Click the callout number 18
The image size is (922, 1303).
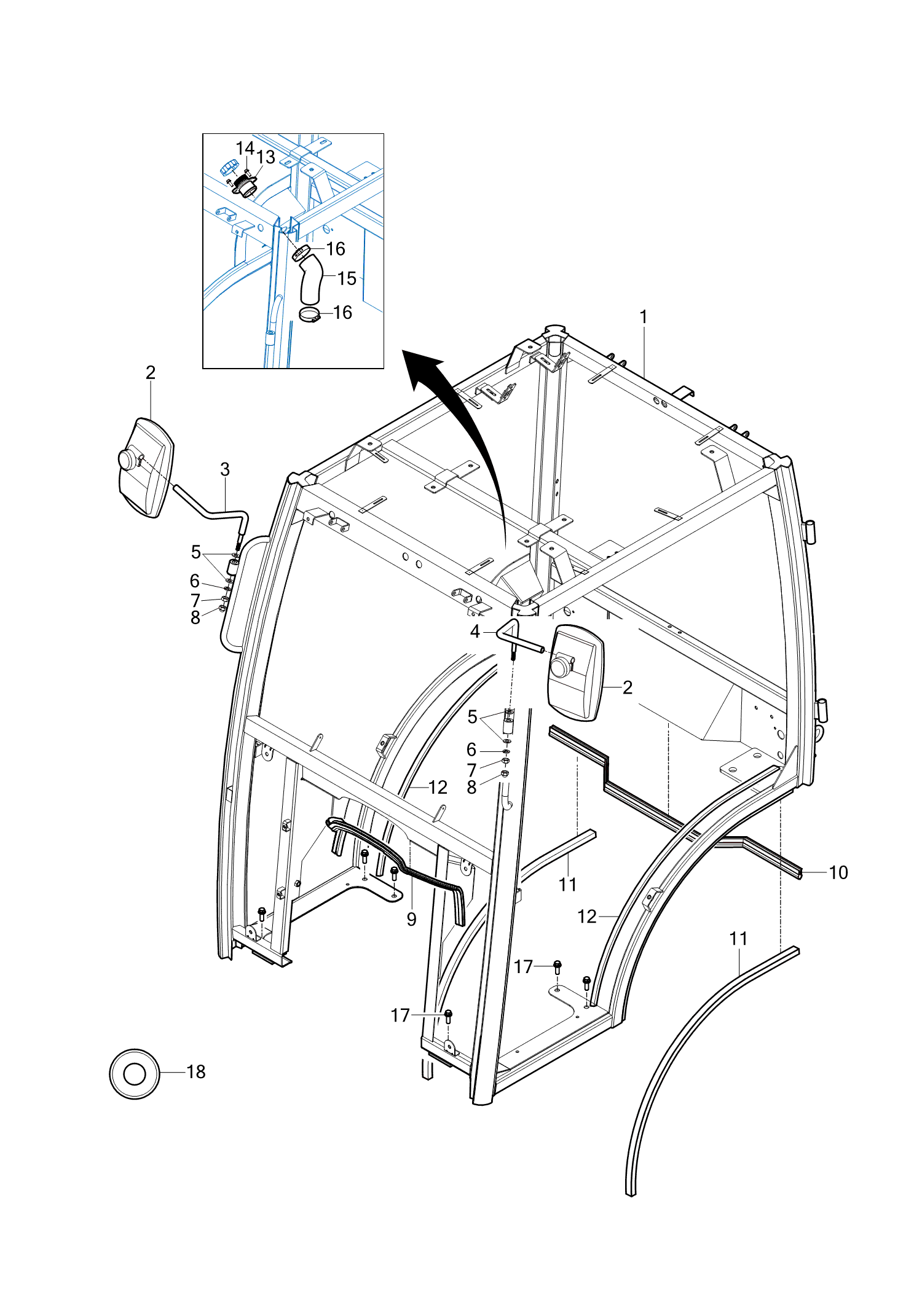coord(195,1071)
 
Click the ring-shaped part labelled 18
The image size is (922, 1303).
coord(135,1074)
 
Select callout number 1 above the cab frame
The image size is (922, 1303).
coord(644,317)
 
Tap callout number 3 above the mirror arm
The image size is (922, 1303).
coord(225,469)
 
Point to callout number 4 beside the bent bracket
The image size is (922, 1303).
coord(475,631)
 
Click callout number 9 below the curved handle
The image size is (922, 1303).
coord(411,919)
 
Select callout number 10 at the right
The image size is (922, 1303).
coord(838,872)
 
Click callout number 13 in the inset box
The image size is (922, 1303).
coord(266,157)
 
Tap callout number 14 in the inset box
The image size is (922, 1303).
coord(244,148)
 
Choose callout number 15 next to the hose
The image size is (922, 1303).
coord(347,278)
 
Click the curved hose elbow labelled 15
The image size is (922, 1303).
coord(312,280)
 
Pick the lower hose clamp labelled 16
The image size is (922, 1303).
coord(310,315)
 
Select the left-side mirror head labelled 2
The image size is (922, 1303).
coord(146,467)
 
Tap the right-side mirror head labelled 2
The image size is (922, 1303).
coord(575,673)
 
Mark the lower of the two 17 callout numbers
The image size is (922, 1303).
coord(400,1015)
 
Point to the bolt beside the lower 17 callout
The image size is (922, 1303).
coord(448,1016)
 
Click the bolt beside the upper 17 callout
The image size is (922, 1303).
coord(558,967)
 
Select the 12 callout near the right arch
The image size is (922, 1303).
coord(587,917)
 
